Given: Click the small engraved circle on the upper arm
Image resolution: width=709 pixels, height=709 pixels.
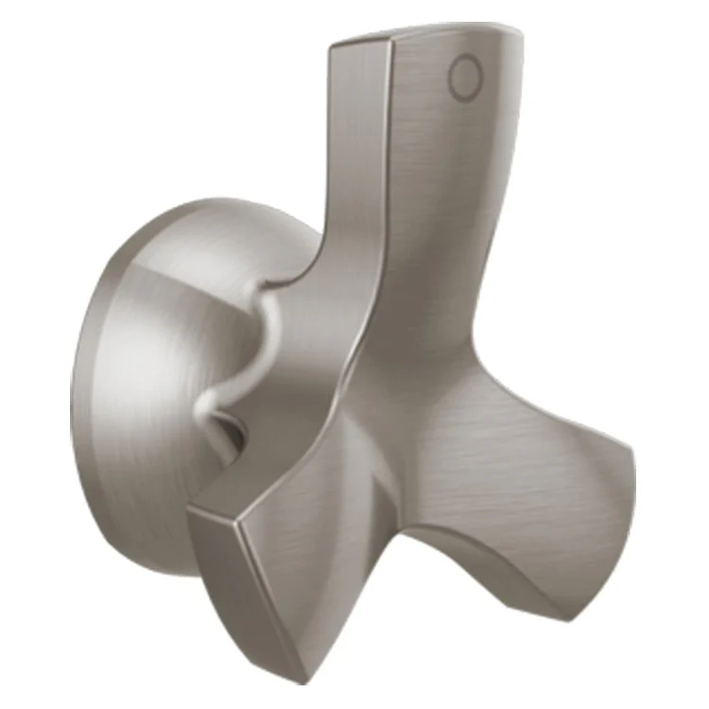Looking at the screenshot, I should click(464, 78).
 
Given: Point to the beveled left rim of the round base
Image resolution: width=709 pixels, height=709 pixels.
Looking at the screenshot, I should click(85, 397).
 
